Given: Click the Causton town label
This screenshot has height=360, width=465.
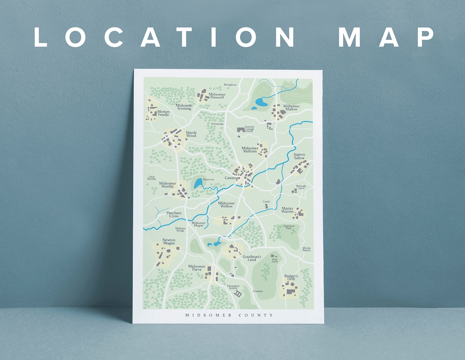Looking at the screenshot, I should pos(232,178).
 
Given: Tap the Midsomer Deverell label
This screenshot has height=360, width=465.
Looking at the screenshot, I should pos(217,96).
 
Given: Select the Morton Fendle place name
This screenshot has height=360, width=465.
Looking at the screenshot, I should pos(163,113).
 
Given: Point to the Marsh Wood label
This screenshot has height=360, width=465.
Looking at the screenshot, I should pos(191,134).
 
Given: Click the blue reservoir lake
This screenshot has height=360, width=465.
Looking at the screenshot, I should pos(199,183).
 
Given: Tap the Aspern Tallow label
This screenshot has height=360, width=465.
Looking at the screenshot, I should pos(299,156).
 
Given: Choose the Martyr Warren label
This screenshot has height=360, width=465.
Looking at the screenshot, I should pos(288,210).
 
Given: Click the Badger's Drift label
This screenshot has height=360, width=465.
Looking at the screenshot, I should pos(291,278).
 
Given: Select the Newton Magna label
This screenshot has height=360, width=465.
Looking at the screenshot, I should pos(168,242).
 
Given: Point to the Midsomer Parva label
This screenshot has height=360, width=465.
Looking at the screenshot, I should pos(197,268).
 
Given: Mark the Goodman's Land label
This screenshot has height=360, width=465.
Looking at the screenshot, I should pos(252,258).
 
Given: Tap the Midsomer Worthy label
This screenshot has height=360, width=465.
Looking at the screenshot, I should pos(167,185).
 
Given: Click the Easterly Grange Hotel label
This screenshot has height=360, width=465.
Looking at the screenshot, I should pos(249,129).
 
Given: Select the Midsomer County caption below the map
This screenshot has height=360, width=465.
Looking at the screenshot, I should pos(228,315).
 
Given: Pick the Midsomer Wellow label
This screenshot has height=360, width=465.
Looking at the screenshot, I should pos(226,205).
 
